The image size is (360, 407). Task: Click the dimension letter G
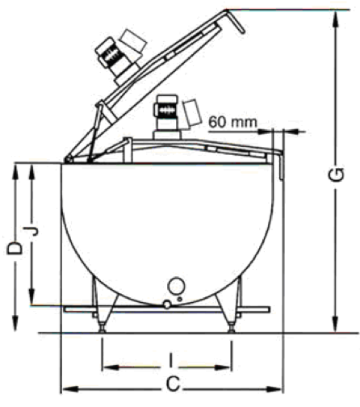337,174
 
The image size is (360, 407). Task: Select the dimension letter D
15,248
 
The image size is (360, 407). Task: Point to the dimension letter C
173,384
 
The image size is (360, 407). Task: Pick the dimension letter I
170,360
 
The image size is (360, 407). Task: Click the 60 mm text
232,123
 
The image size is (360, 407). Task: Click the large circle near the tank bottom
176,286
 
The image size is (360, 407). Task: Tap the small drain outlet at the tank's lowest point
167,304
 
